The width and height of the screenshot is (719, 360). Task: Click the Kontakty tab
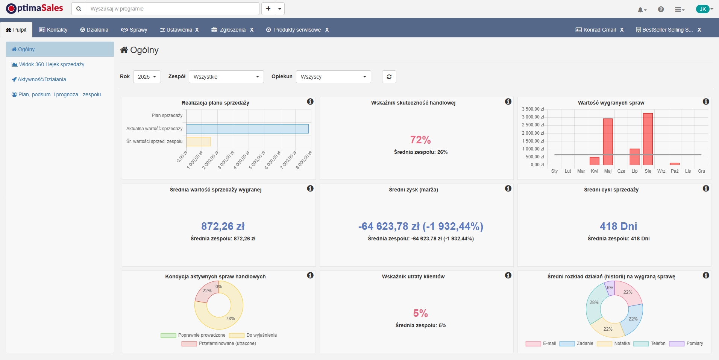pos(53,30)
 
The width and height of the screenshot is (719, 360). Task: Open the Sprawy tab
pos(134,30)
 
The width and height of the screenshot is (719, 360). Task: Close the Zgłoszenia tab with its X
pos(252,30)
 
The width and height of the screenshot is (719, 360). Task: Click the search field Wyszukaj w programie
pos(172,9)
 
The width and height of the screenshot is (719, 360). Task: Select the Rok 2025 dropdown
pos(147,77)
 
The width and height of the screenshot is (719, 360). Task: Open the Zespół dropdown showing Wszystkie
pos(226,77)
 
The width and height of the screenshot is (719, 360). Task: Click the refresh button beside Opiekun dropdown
pos(389,77)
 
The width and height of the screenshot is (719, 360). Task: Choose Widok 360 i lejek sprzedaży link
pos(52,64)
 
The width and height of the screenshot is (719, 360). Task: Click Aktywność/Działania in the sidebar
pos(41,79)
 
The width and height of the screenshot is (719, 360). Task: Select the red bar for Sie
pos(648,139)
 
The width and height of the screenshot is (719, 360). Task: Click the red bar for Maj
pos(608,142)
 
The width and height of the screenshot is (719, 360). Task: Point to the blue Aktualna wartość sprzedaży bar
pos(247,129)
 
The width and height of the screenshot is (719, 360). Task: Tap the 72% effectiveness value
pos(420,140)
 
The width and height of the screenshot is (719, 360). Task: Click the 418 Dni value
pos(618,226)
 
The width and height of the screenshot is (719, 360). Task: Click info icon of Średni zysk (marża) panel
pos(508,188)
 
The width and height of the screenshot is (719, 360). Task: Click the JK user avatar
pos(702,9)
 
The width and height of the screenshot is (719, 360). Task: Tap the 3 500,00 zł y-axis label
pos(533,109)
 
